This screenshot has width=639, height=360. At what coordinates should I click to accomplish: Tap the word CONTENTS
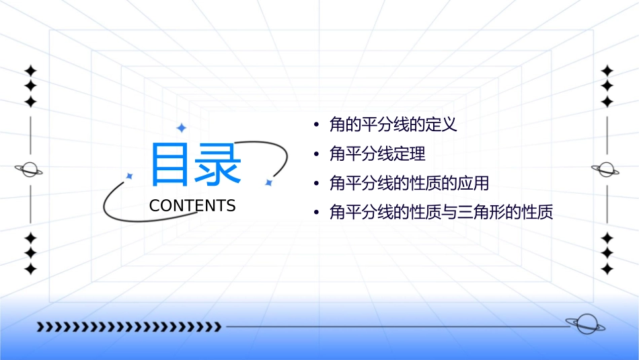tap(192, 206)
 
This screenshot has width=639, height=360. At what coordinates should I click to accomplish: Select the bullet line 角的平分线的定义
tap(393, 124)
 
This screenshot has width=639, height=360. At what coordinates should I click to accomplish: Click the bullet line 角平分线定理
tap(377, 154)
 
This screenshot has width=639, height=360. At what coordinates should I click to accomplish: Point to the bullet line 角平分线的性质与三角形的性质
tap(441, 213)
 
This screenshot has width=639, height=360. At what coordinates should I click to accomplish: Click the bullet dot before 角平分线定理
tap(315, 155)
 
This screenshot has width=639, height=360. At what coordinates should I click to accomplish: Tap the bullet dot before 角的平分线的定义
tap(315, 125)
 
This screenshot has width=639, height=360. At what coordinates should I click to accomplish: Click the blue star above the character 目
tap(180, 128)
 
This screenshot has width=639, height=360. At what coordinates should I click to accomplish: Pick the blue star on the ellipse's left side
tap(129, 176)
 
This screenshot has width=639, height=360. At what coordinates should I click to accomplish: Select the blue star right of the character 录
tap(268, 182)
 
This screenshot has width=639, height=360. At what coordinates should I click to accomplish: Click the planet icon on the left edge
tap(29, 170)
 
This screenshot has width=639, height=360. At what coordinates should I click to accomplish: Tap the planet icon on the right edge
tap(605, 170)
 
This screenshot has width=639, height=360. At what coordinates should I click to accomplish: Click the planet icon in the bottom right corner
tap(585, 324)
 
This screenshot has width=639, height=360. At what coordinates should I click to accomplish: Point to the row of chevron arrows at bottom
tap(128, 327)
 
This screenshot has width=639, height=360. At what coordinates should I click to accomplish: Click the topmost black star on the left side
tap(30, 71)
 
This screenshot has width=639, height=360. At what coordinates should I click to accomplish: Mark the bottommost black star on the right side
tap(607, 269)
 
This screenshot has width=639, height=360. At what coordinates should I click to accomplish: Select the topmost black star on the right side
tap(607, 71)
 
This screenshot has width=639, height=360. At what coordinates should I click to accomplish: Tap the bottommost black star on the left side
tap(30, 269)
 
